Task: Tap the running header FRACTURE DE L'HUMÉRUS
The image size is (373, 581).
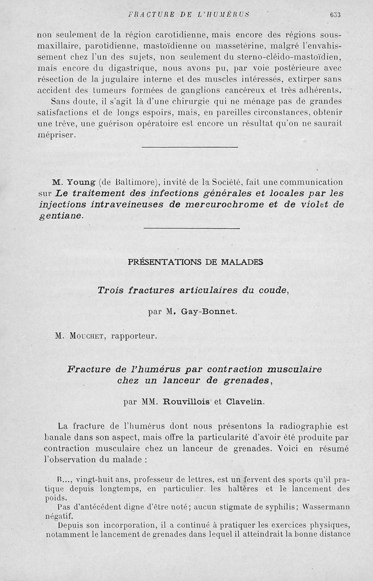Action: [x=188, y=14]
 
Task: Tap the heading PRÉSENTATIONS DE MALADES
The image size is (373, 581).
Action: [x=195, y=262]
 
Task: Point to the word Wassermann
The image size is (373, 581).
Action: [x=326, y=507]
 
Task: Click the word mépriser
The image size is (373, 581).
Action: [x=55, y=135]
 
